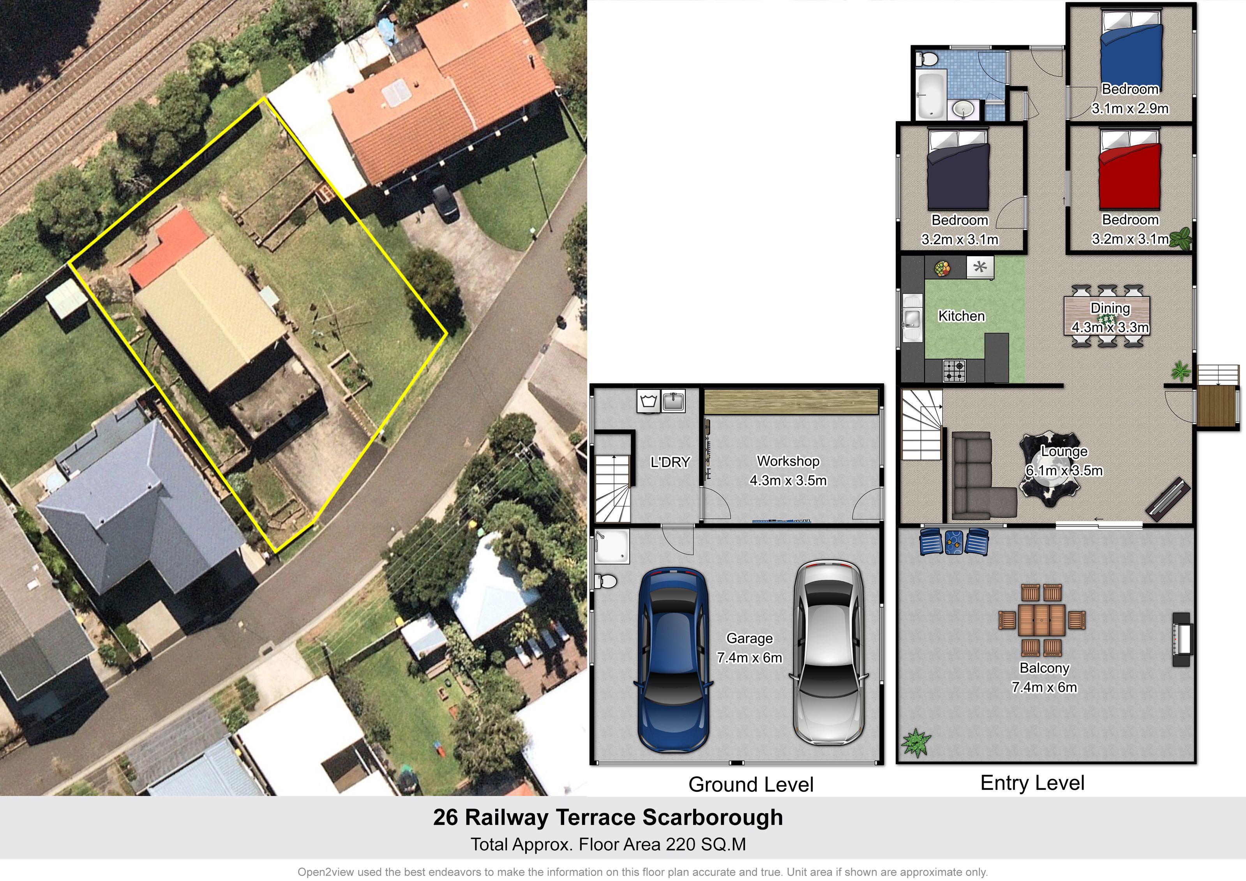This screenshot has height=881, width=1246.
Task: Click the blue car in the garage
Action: [672, 660]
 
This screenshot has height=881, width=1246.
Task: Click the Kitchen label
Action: [961, 316]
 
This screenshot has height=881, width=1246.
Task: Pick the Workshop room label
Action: [788, 461]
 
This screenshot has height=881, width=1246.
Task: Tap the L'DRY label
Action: [670, 462]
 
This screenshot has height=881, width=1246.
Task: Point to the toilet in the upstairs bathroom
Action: [928, 58]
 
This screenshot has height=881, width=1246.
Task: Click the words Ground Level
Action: [751, 784]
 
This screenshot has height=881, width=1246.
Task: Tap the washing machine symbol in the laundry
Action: [648, 401]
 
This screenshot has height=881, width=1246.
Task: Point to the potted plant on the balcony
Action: [916, 743]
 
